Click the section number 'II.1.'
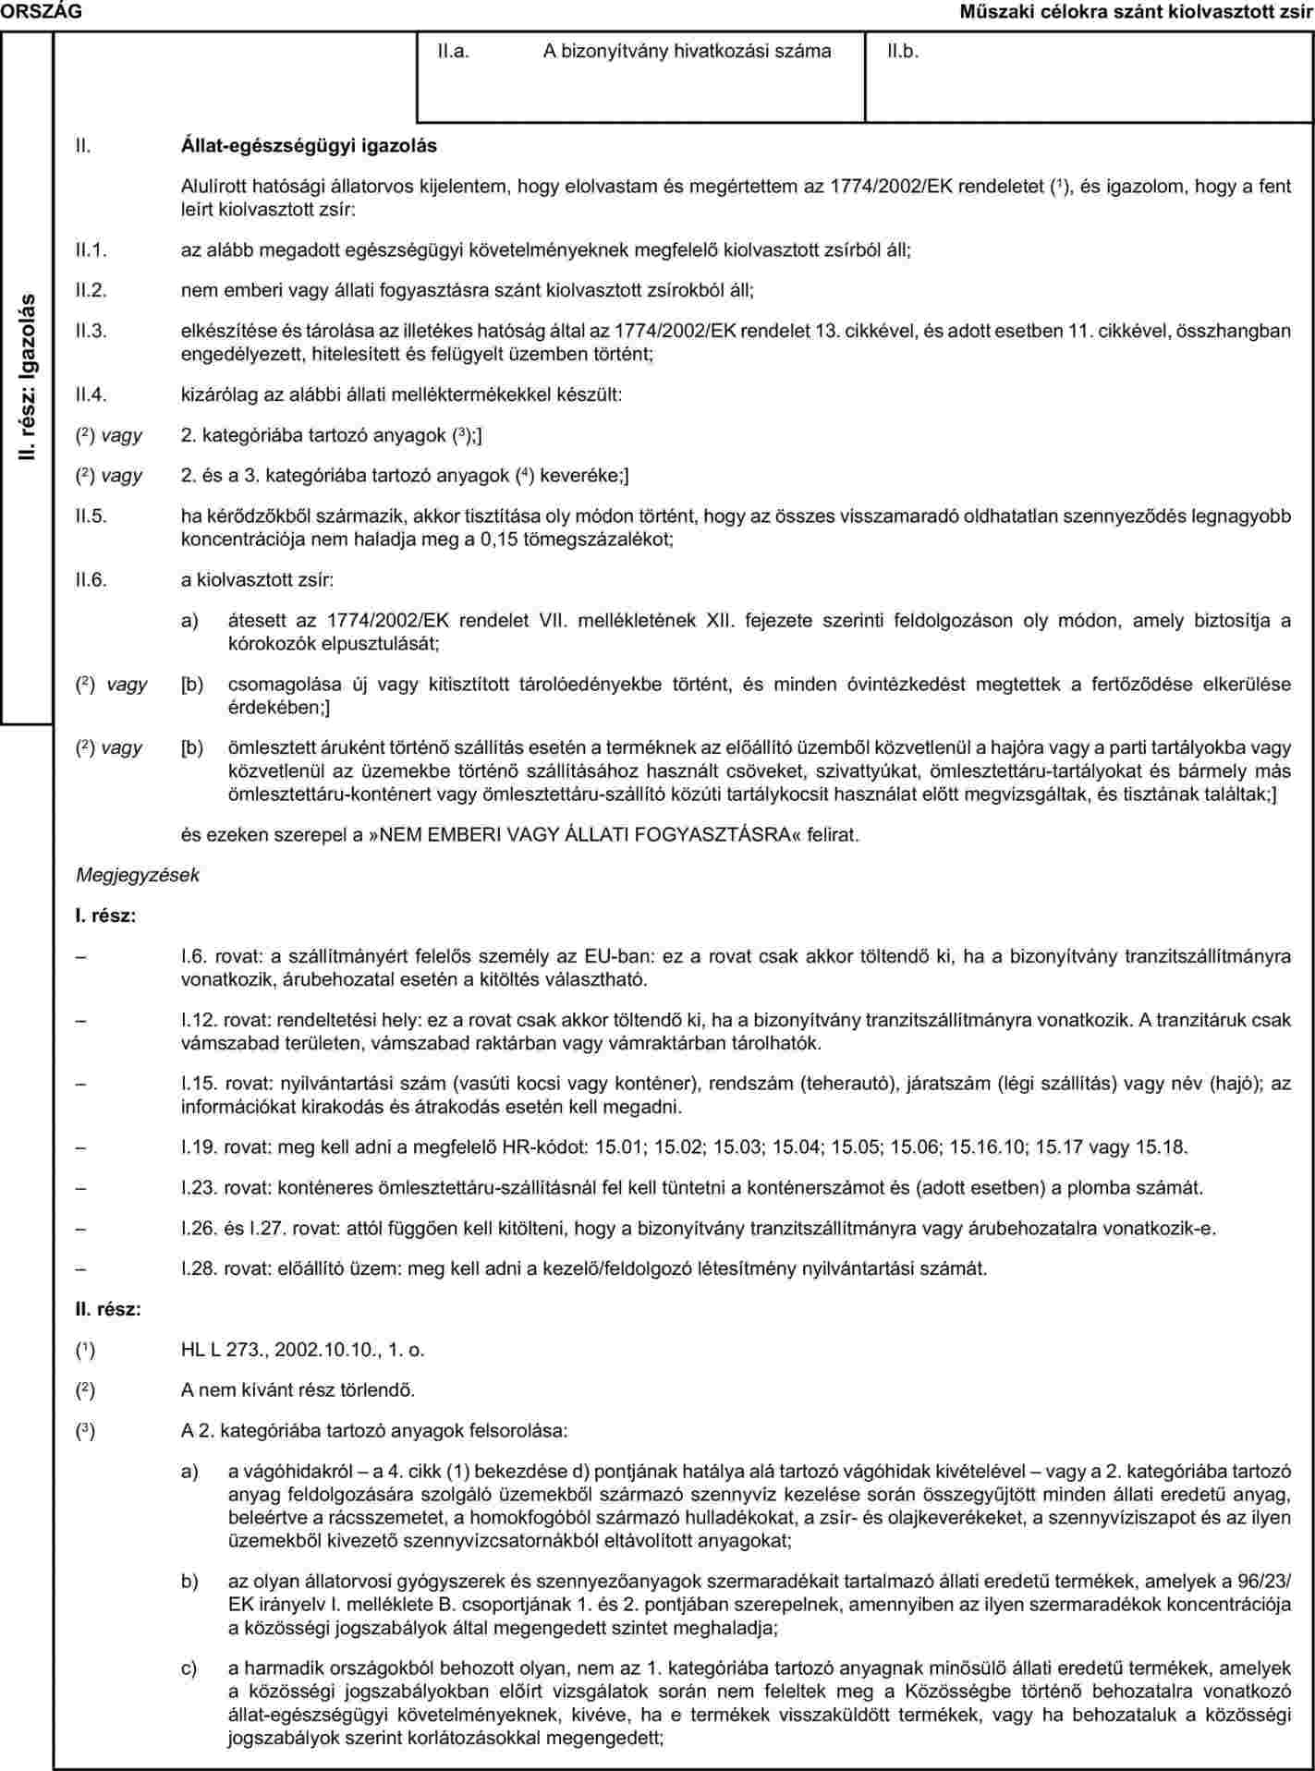92,249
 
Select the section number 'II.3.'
92,331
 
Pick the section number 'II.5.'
92,516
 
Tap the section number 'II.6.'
92,580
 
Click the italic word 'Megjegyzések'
138,873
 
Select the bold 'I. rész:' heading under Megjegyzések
106,916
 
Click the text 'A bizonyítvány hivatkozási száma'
687,52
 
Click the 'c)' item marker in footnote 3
189,1668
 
